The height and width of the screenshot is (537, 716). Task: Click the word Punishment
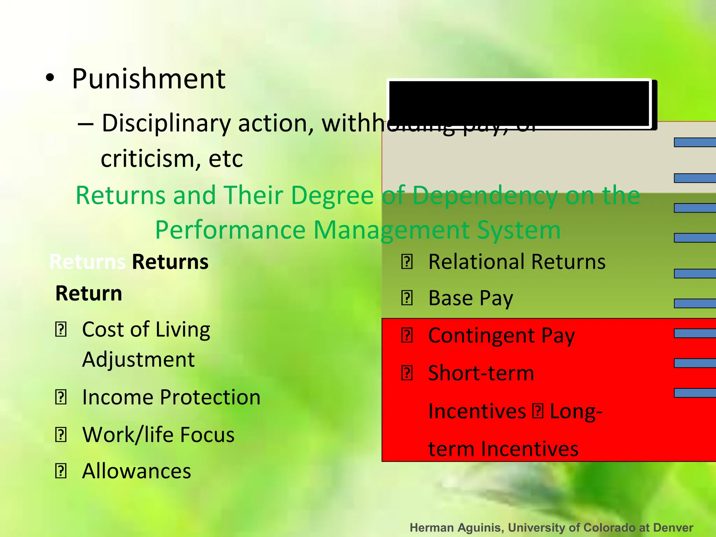[x=149, y=79]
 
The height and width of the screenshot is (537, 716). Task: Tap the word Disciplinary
[x=166, y=123]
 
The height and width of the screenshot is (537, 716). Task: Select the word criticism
[x=147, y=159]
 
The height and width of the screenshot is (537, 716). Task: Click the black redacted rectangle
[x=519, y=103]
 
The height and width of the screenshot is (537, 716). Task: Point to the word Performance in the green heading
[x=230, y=230]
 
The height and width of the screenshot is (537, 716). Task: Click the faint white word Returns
[x=87, y=262]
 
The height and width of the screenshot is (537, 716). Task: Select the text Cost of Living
[x=146, y=329]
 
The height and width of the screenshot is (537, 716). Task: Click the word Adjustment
[x=138, y=359]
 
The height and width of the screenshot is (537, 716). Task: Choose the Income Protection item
[x=171, y=397]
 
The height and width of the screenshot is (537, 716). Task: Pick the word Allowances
[x=137, y=471]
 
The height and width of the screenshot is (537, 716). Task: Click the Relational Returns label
[x=517, y=262]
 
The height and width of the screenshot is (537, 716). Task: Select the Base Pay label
[x=471, y=298]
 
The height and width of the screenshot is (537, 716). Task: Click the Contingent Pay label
[x=501, y=336]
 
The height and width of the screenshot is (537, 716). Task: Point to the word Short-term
[x=481, y=373]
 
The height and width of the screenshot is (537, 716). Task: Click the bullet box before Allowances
[x=61, y=471]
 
